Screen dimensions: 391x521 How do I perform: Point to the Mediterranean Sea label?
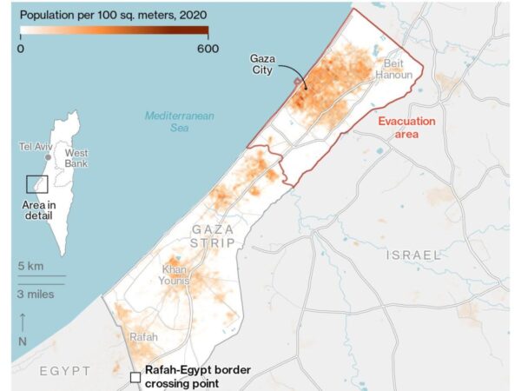pos(180,122)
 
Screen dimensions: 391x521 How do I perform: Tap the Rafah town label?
pos(142,336)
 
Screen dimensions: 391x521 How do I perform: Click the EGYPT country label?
pos(65,371)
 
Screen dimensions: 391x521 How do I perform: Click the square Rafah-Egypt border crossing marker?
pos(135,377)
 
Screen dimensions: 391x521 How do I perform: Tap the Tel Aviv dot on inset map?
pos(49,157)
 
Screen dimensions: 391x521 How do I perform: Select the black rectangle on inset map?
pos(36,184)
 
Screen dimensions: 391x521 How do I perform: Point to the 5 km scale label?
pos(31,265)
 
